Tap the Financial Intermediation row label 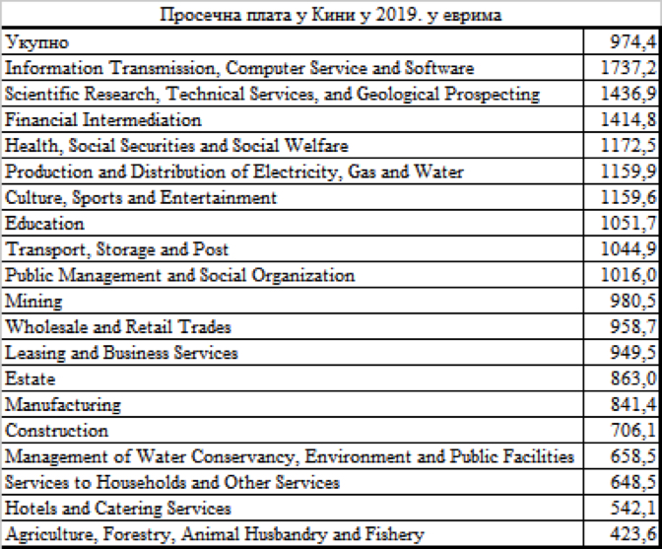tap(103, 120)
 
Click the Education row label tap(45, 224)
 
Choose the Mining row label tap(34, 302)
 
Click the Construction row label tap(57, 431)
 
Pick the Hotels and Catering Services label tap(118, 509)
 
